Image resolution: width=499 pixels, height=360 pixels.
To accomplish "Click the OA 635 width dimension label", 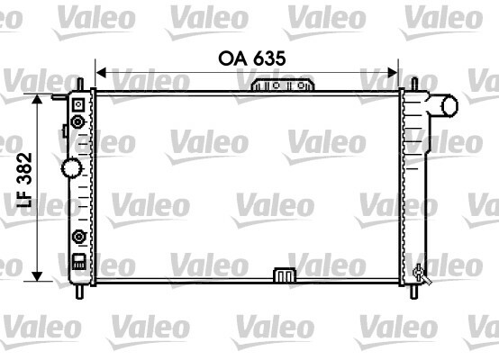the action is coord(252,58).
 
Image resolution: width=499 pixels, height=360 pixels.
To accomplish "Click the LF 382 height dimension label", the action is coord(24,180).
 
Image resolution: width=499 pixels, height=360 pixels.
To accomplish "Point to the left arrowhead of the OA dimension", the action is coord(101,73).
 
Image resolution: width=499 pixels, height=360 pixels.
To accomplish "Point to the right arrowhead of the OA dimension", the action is coord(393,73).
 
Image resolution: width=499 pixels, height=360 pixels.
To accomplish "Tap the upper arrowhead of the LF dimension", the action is coord(37,99).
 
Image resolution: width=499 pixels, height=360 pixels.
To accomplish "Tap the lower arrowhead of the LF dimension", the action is coord(37,276).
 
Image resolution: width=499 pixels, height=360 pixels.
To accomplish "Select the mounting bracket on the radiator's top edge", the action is coord(283,85).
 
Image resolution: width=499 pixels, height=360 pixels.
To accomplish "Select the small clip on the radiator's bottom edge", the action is coord(285,275).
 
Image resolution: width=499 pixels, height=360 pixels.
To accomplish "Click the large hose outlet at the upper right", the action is coord(443,105).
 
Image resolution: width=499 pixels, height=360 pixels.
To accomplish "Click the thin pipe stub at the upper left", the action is coord(59,96).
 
